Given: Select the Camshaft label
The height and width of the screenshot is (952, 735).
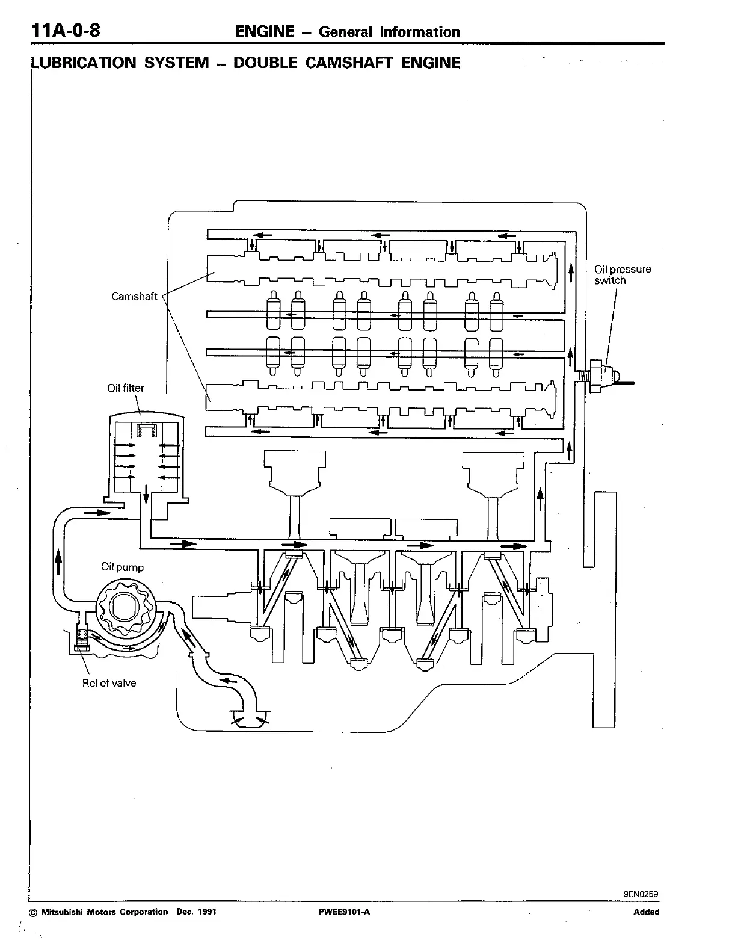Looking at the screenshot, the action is tap(134, 296).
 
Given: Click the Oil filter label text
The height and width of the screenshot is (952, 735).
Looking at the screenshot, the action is tap(126, 388).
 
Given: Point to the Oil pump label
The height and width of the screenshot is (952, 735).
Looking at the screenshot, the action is tap(122, 567).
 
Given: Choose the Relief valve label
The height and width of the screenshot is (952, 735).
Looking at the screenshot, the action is tap(109, 683).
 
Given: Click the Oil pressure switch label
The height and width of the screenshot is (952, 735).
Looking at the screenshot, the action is tap(622, 275).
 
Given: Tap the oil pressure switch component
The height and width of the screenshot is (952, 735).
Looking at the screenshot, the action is tap(602, 377).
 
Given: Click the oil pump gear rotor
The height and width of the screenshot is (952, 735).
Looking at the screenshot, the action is tap(125, 608).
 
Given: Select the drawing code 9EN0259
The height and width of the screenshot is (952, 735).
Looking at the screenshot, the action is tap(641, 894).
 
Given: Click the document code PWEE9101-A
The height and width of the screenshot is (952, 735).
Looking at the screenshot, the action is tap(344, 912).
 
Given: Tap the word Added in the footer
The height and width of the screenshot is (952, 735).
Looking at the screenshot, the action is tap(646, 912).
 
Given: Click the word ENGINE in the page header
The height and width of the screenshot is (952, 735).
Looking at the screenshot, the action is tap(265, 32).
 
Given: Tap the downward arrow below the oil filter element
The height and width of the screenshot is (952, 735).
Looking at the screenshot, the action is tap(146, 496).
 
